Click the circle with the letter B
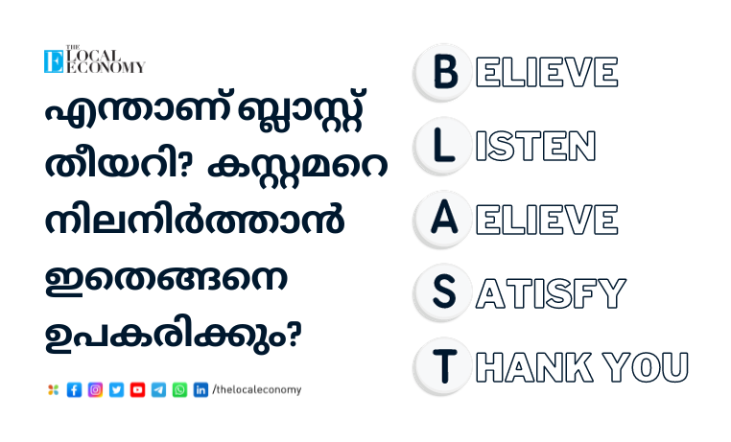pos(443,72)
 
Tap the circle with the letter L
pos(443,146)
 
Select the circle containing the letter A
pos(443,219)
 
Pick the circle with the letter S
pos(443,292)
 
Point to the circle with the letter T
pos(443,366)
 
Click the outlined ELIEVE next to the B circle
pos(547,72)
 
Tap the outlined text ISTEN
pos(535,146)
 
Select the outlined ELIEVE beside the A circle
pos(547,220)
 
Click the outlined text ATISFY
pos(551,293)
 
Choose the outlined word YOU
pos(646,367)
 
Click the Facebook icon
pos(74,390)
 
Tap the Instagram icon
pos(95,390)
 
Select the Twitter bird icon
pos(116,390)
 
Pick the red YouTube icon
pos(137,390)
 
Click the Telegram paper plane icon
pos(158,390)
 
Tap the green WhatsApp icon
pos(179,390)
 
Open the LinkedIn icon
pos(200,390)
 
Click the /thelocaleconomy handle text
pos(257,389)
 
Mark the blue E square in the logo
pos(54,61)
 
